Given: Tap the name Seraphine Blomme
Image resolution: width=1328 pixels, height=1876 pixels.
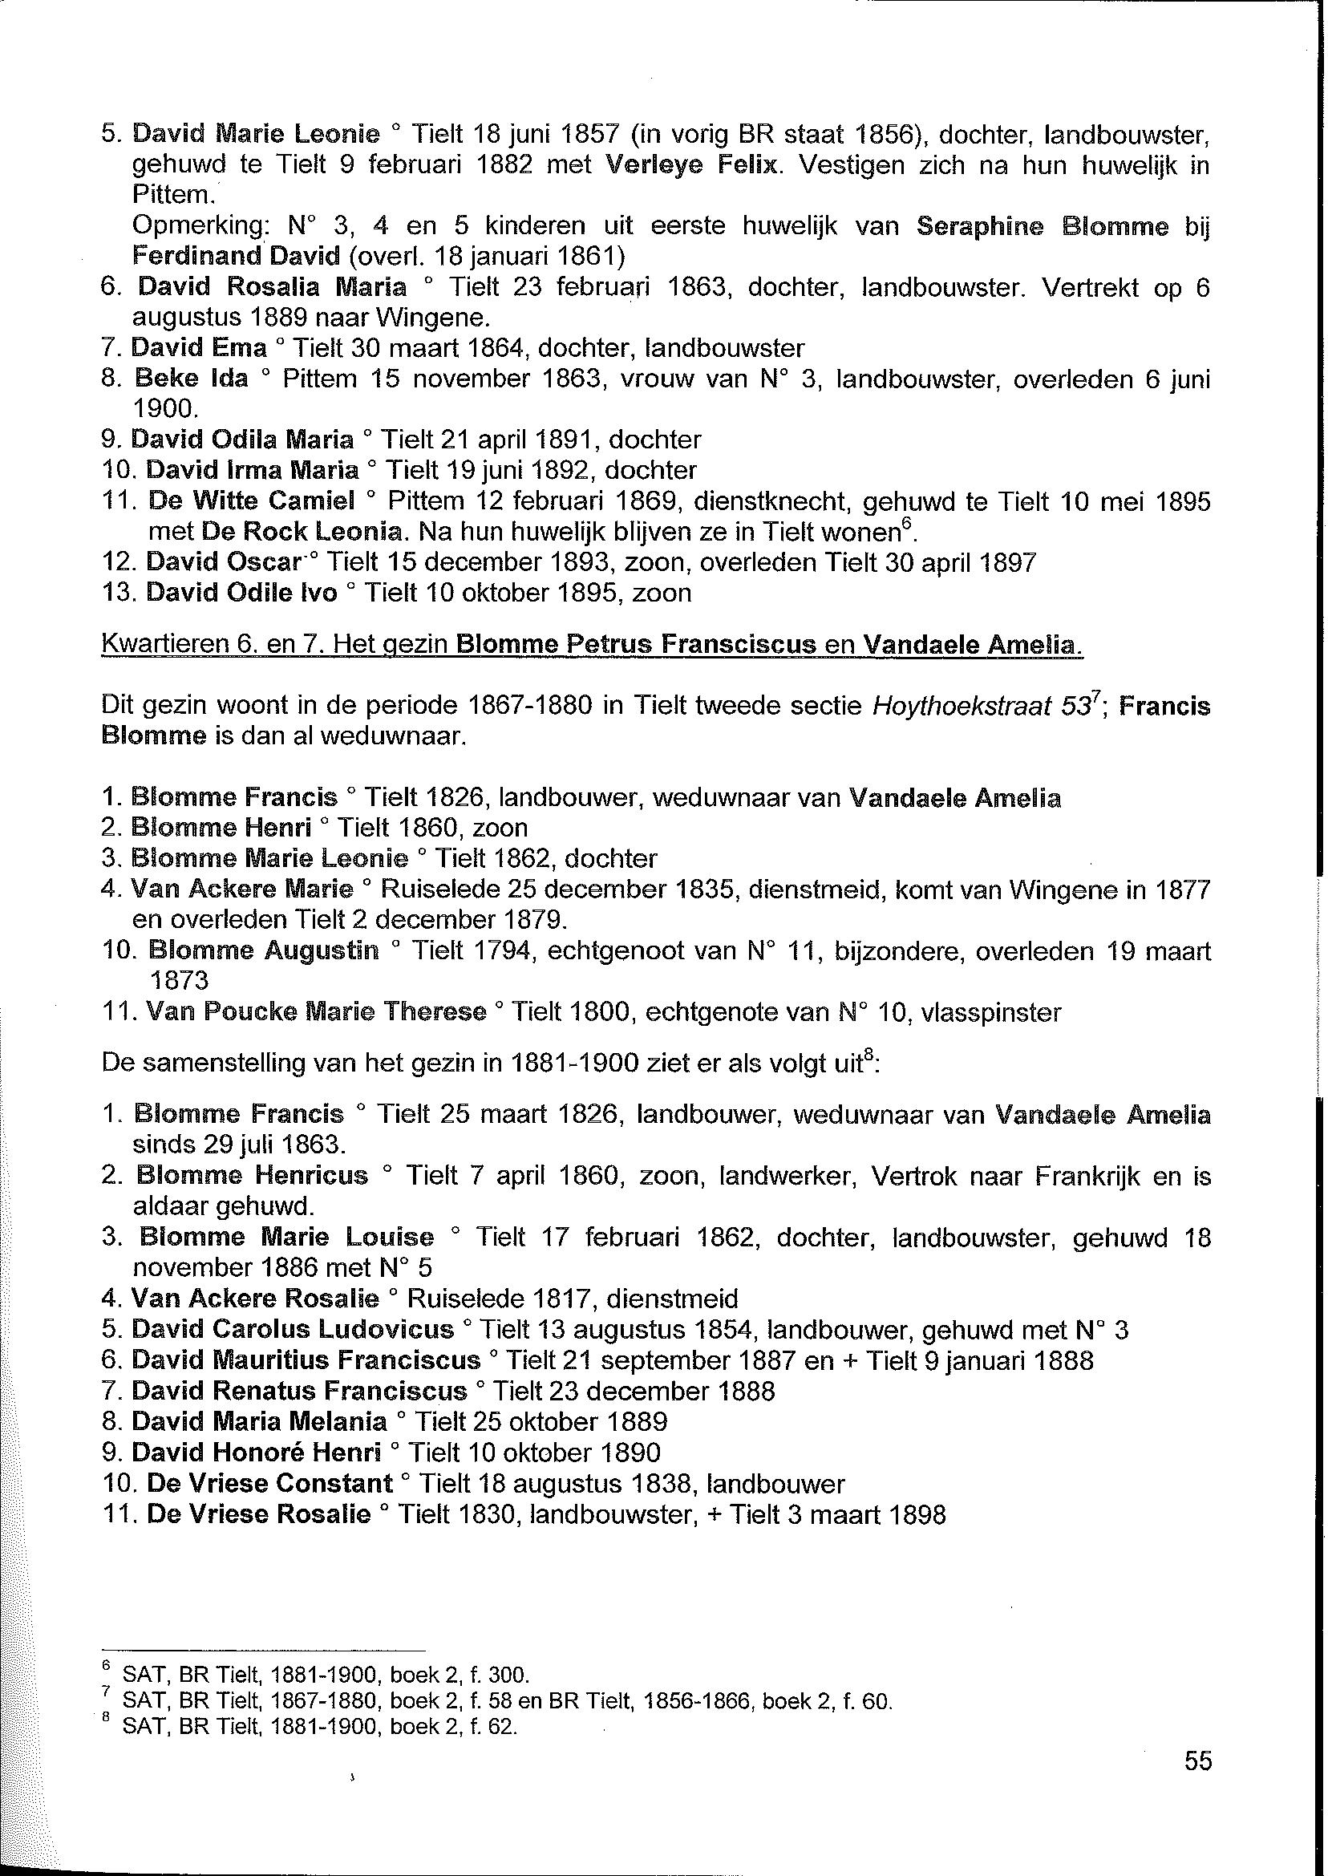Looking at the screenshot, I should (x=1042, y=227).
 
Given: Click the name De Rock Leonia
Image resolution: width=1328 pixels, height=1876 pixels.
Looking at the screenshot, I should (x=302, y=532).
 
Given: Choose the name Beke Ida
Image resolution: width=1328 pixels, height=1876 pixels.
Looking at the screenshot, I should (x=192, y=379).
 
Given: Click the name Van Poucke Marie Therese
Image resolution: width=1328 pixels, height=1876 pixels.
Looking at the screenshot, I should (x=316, y=1012).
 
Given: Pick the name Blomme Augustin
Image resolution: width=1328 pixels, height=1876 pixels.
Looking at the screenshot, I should (x=263, y=951).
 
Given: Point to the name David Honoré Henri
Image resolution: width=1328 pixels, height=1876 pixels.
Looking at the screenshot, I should (x=256, y=1453).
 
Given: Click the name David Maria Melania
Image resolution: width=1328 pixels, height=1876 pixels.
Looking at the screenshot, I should (x=259, y=1422).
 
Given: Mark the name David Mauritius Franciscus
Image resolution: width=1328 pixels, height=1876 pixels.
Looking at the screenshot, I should (x=306, y=1360).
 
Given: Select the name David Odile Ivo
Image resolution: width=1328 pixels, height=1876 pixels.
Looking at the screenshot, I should (x=241, y=593).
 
